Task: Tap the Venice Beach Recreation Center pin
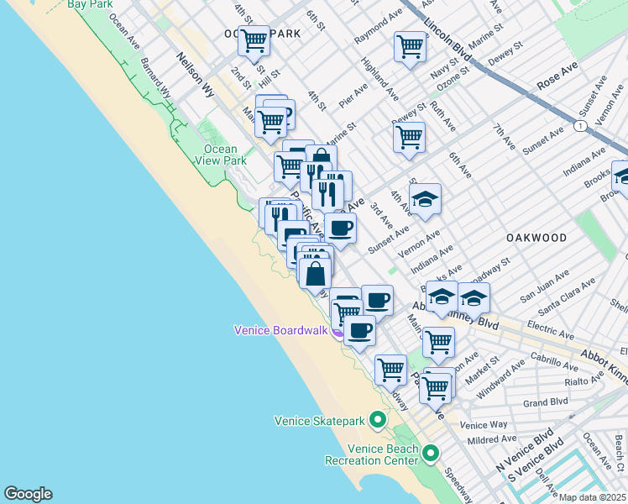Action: [x=431, y=454]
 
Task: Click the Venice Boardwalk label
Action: [x=280, y=330]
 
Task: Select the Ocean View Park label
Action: [x=220, y=155]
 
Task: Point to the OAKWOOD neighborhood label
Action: [x=537, y=239]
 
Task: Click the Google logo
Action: [x=28, y=494]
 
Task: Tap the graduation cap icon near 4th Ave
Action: [x=426, y=199]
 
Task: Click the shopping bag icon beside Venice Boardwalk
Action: [x=315, y=273]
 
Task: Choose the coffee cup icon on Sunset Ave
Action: [x=340, y=228]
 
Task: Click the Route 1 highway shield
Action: [x=579, y=126]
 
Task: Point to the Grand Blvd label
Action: [x=547, y=402]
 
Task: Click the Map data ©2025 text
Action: [x=593, y=497]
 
